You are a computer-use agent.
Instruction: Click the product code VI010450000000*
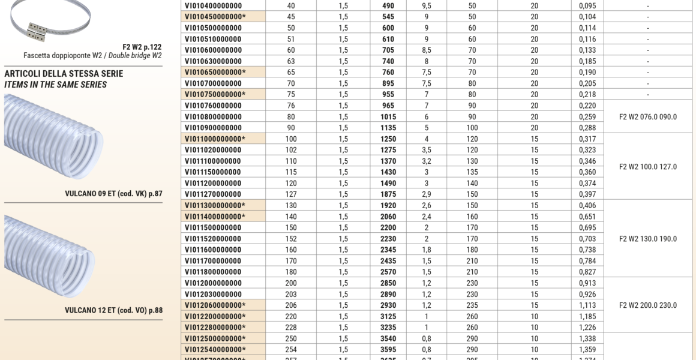(x=215, y=17)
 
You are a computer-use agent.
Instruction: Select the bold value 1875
(x=388, y=194)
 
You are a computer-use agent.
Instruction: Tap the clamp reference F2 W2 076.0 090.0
(x=647, y=117)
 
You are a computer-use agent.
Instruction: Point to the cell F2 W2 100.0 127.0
(x=647, y=167)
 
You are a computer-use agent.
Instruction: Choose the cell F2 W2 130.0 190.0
(x=647, y=239)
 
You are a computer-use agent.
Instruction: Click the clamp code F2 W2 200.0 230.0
(x=647, y=305)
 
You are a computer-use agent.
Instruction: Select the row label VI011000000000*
(x=215, y=139)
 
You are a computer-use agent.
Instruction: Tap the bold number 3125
(x=388, y=316)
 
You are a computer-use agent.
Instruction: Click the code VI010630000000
(x=214, y=61)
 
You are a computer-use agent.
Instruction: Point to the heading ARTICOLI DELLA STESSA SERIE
(x=64, y=74)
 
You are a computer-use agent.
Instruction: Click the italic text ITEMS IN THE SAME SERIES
(x=56, y=85)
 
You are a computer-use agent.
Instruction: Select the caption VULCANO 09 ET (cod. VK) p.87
(x=113, y=194)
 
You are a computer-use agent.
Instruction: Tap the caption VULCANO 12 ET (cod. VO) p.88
(x=113, y=311)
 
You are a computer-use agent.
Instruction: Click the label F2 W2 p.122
(x=142, y=46)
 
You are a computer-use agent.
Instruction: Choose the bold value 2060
(x=388, y=217)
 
